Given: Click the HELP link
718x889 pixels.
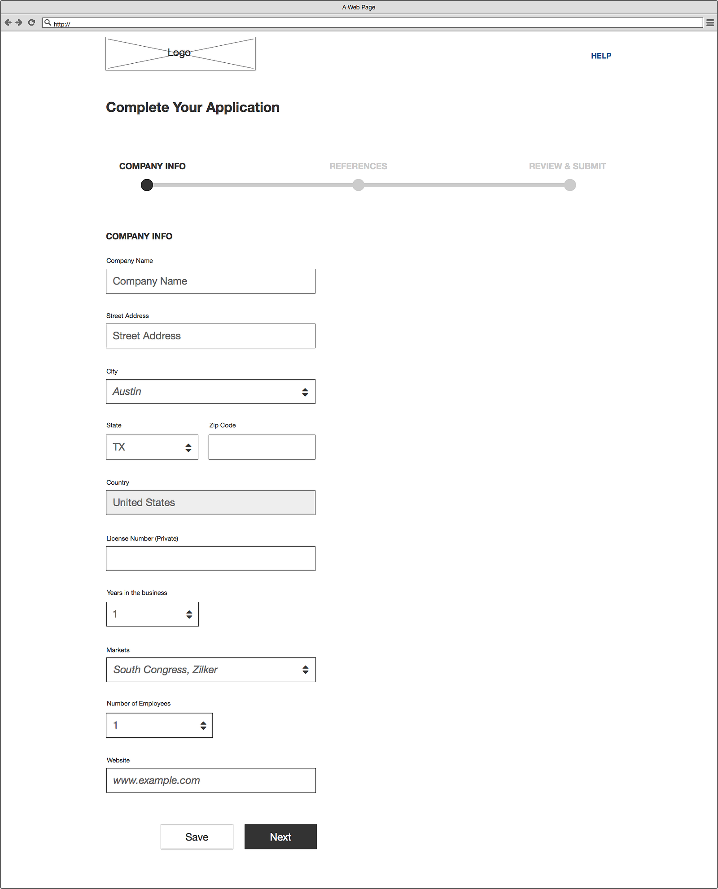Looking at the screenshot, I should tap(601, 56).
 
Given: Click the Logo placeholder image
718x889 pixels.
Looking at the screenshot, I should tap(180, 53).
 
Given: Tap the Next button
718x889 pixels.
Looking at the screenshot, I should tap(280, 836).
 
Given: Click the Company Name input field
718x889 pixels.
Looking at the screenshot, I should tap(210, 281).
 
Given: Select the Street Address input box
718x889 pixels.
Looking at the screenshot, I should tap(210, 336).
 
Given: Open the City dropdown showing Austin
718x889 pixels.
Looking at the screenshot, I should tap(210, 392).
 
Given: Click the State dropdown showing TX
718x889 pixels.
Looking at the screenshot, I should tap(152, 447).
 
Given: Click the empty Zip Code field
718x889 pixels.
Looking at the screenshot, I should tap(262, 447).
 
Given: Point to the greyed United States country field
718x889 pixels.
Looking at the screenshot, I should tap(210, 503).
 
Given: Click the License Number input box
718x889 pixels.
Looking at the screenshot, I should tap(210, 559).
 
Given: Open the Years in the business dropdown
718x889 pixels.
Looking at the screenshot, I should tap(153, 614).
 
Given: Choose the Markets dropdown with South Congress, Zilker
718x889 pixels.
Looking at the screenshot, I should tap(211, 670).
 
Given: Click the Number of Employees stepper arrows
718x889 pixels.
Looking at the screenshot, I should tap(203, 726).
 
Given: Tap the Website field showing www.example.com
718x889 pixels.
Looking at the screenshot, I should tap(211, 781).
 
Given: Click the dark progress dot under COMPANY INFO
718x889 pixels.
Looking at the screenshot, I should tap(147, 185).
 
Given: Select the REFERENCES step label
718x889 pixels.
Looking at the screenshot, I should tap(358, 166).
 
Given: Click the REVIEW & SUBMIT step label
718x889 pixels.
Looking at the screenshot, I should tap(567, 166).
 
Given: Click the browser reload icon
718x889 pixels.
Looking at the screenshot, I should tap(31, 22).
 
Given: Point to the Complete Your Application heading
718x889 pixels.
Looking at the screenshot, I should tap(193, 107).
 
